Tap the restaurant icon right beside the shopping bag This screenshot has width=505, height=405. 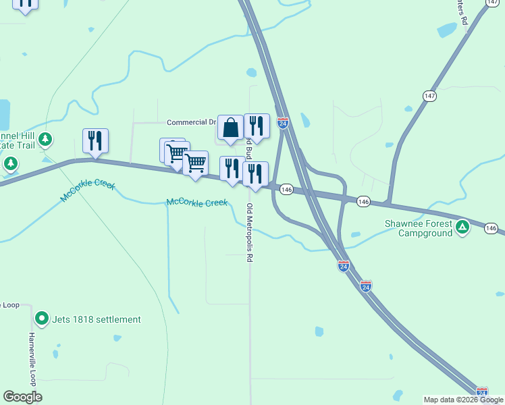(x=257, y=126)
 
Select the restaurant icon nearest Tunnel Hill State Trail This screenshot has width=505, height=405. (x=95, y=140)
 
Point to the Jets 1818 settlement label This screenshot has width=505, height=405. (x=97, y=319)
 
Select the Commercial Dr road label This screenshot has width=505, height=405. (x=191, y=122)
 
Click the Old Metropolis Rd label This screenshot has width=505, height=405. (x=250, y=232)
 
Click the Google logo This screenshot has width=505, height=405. (x=22, y=397)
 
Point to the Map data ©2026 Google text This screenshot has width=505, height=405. (x=463, y=400)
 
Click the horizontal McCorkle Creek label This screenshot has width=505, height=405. (x=196, y=202)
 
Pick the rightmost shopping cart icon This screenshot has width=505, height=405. (x=195, y=163)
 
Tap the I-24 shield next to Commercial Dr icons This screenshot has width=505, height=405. (x=283, y=123)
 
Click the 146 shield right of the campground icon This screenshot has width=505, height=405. (x=491, y=229)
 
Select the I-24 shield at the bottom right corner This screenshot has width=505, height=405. (x=482, y=392)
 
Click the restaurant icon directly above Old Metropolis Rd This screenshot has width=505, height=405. (x=256, y=174)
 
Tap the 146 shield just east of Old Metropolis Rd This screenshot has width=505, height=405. (x=286, y=190)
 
